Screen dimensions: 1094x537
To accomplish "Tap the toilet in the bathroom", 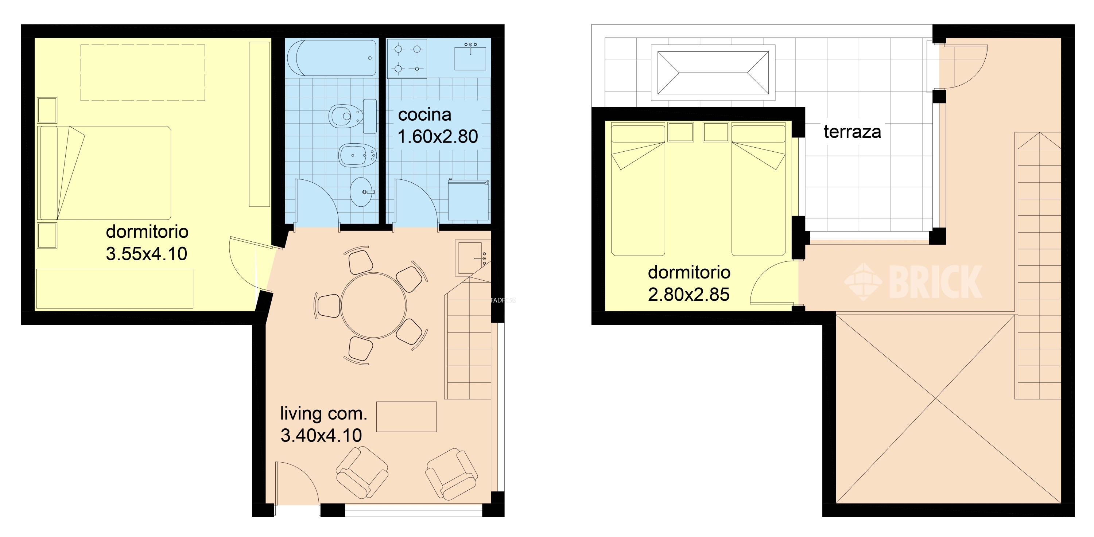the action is (x=352, y=116).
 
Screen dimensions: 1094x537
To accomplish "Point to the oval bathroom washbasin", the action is (x=362, y=192).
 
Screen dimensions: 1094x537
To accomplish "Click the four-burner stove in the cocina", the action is (x=407, y=59).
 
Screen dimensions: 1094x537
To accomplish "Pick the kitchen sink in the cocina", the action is (x=470, y=58).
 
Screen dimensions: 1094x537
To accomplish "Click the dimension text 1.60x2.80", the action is (x=438, y=137).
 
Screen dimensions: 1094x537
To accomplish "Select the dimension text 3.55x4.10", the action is (x=147, y=254).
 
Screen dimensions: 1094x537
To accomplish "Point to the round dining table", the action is (x=373, y=306).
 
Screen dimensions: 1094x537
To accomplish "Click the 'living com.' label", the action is (x=323, y=413).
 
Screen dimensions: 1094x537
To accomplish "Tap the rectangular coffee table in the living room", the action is (x=407, y=417).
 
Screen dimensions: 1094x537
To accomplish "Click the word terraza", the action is (x=852, y=132).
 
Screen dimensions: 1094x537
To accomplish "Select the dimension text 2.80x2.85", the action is (x=689, y=295).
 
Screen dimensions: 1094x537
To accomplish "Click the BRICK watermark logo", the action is (x=913, y=281).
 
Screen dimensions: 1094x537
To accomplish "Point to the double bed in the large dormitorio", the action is (x=104, y=173).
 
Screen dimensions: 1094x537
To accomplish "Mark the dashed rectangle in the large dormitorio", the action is (x=143, y=73).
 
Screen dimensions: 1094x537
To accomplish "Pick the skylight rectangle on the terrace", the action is (x=713, y=73).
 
